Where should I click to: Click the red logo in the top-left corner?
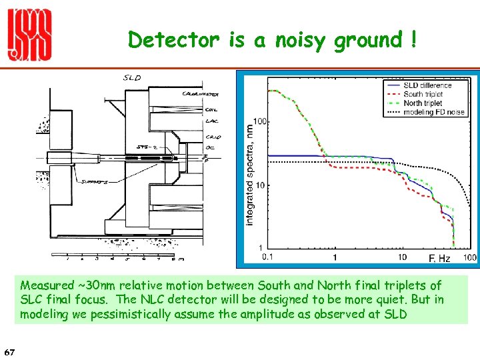pyautogui.click(x=29, y=37)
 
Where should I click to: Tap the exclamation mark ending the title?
pyautogui.click(x=414, y=40)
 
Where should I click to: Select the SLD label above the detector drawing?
pyautogui.click(x=132, y=78)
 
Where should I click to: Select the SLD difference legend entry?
pyautogui.click(x=427, y=85)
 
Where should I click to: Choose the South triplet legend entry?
pyautogui.click(x=423, y=94)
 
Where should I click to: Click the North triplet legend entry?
pyautogui.click(x=423, y=103)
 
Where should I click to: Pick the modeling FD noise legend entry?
pyautogui.click(x=434, y=112)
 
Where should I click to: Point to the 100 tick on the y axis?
pyautogui.click(x=259, y=121)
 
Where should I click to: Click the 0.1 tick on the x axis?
pyautogui.click(x=268, y=257)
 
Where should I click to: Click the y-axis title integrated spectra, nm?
pyautogui.click(x=250, y=173)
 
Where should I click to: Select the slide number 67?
pyautogui.click(x=10, y=351)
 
